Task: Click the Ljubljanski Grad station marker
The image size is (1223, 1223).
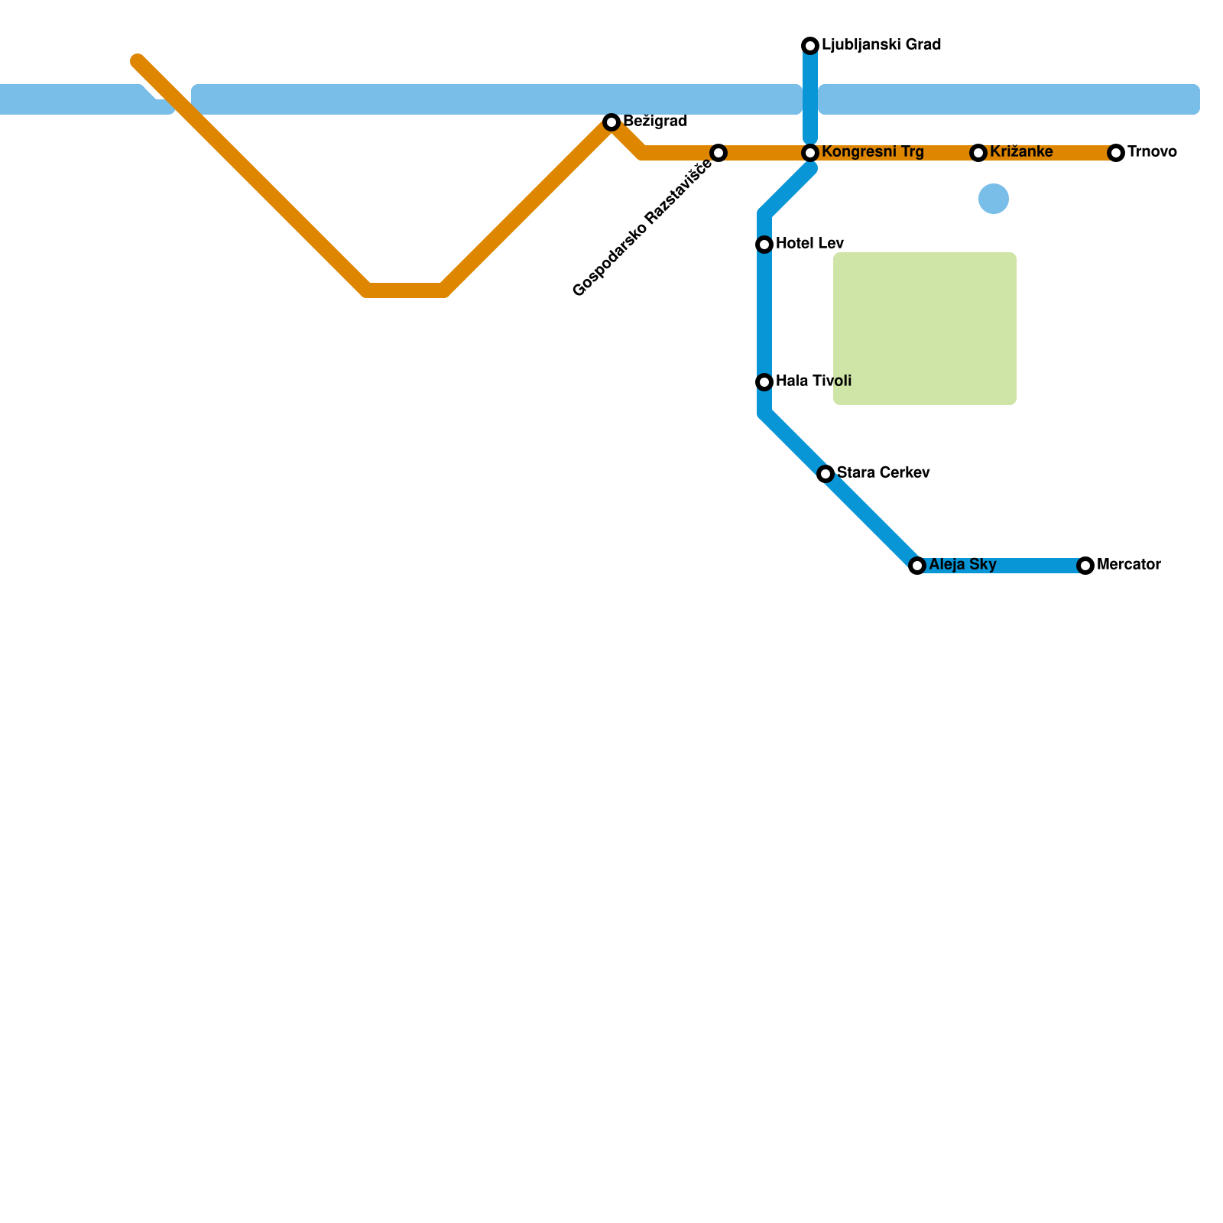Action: coord(810,46)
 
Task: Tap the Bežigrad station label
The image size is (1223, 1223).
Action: coord(655,122)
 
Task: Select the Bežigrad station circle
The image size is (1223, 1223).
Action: coord(611,122)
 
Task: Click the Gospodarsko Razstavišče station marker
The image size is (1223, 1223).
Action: coord(719,153)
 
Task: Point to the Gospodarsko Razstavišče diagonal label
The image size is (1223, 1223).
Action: coord(642,229)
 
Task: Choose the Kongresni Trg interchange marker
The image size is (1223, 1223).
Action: coord(810,153)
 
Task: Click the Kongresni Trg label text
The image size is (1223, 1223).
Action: coord(873,152)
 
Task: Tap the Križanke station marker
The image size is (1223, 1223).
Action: coord(978,153)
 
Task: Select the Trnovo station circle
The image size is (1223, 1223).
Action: coord(1116,153)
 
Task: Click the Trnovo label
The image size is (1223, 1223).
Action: coord(1152,152)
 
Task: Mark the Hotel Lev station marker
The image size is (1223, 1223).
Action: coord(764,245)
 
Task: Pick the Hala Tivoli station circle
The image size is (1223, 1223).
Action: coord(764,382)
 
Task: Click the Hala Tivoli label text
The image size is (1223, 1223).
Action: coord(813,381)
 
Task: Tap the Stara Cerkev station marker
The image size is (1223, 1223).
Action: coord(826,474)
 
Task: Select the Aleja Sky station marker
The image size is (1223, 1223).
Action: coord(917,566)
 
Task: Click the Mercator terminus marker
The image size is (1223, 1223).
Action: coord(1085,566)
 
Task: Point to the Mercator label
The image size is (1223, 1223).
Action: coord(1129,565)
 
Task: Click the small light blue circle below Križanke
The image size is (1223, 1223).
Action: coord(994,199)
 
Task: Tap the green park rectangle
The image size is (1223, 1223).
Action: coord(925,329)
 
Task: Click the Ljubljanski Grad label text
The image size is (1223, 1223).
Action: coord(881,45)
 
